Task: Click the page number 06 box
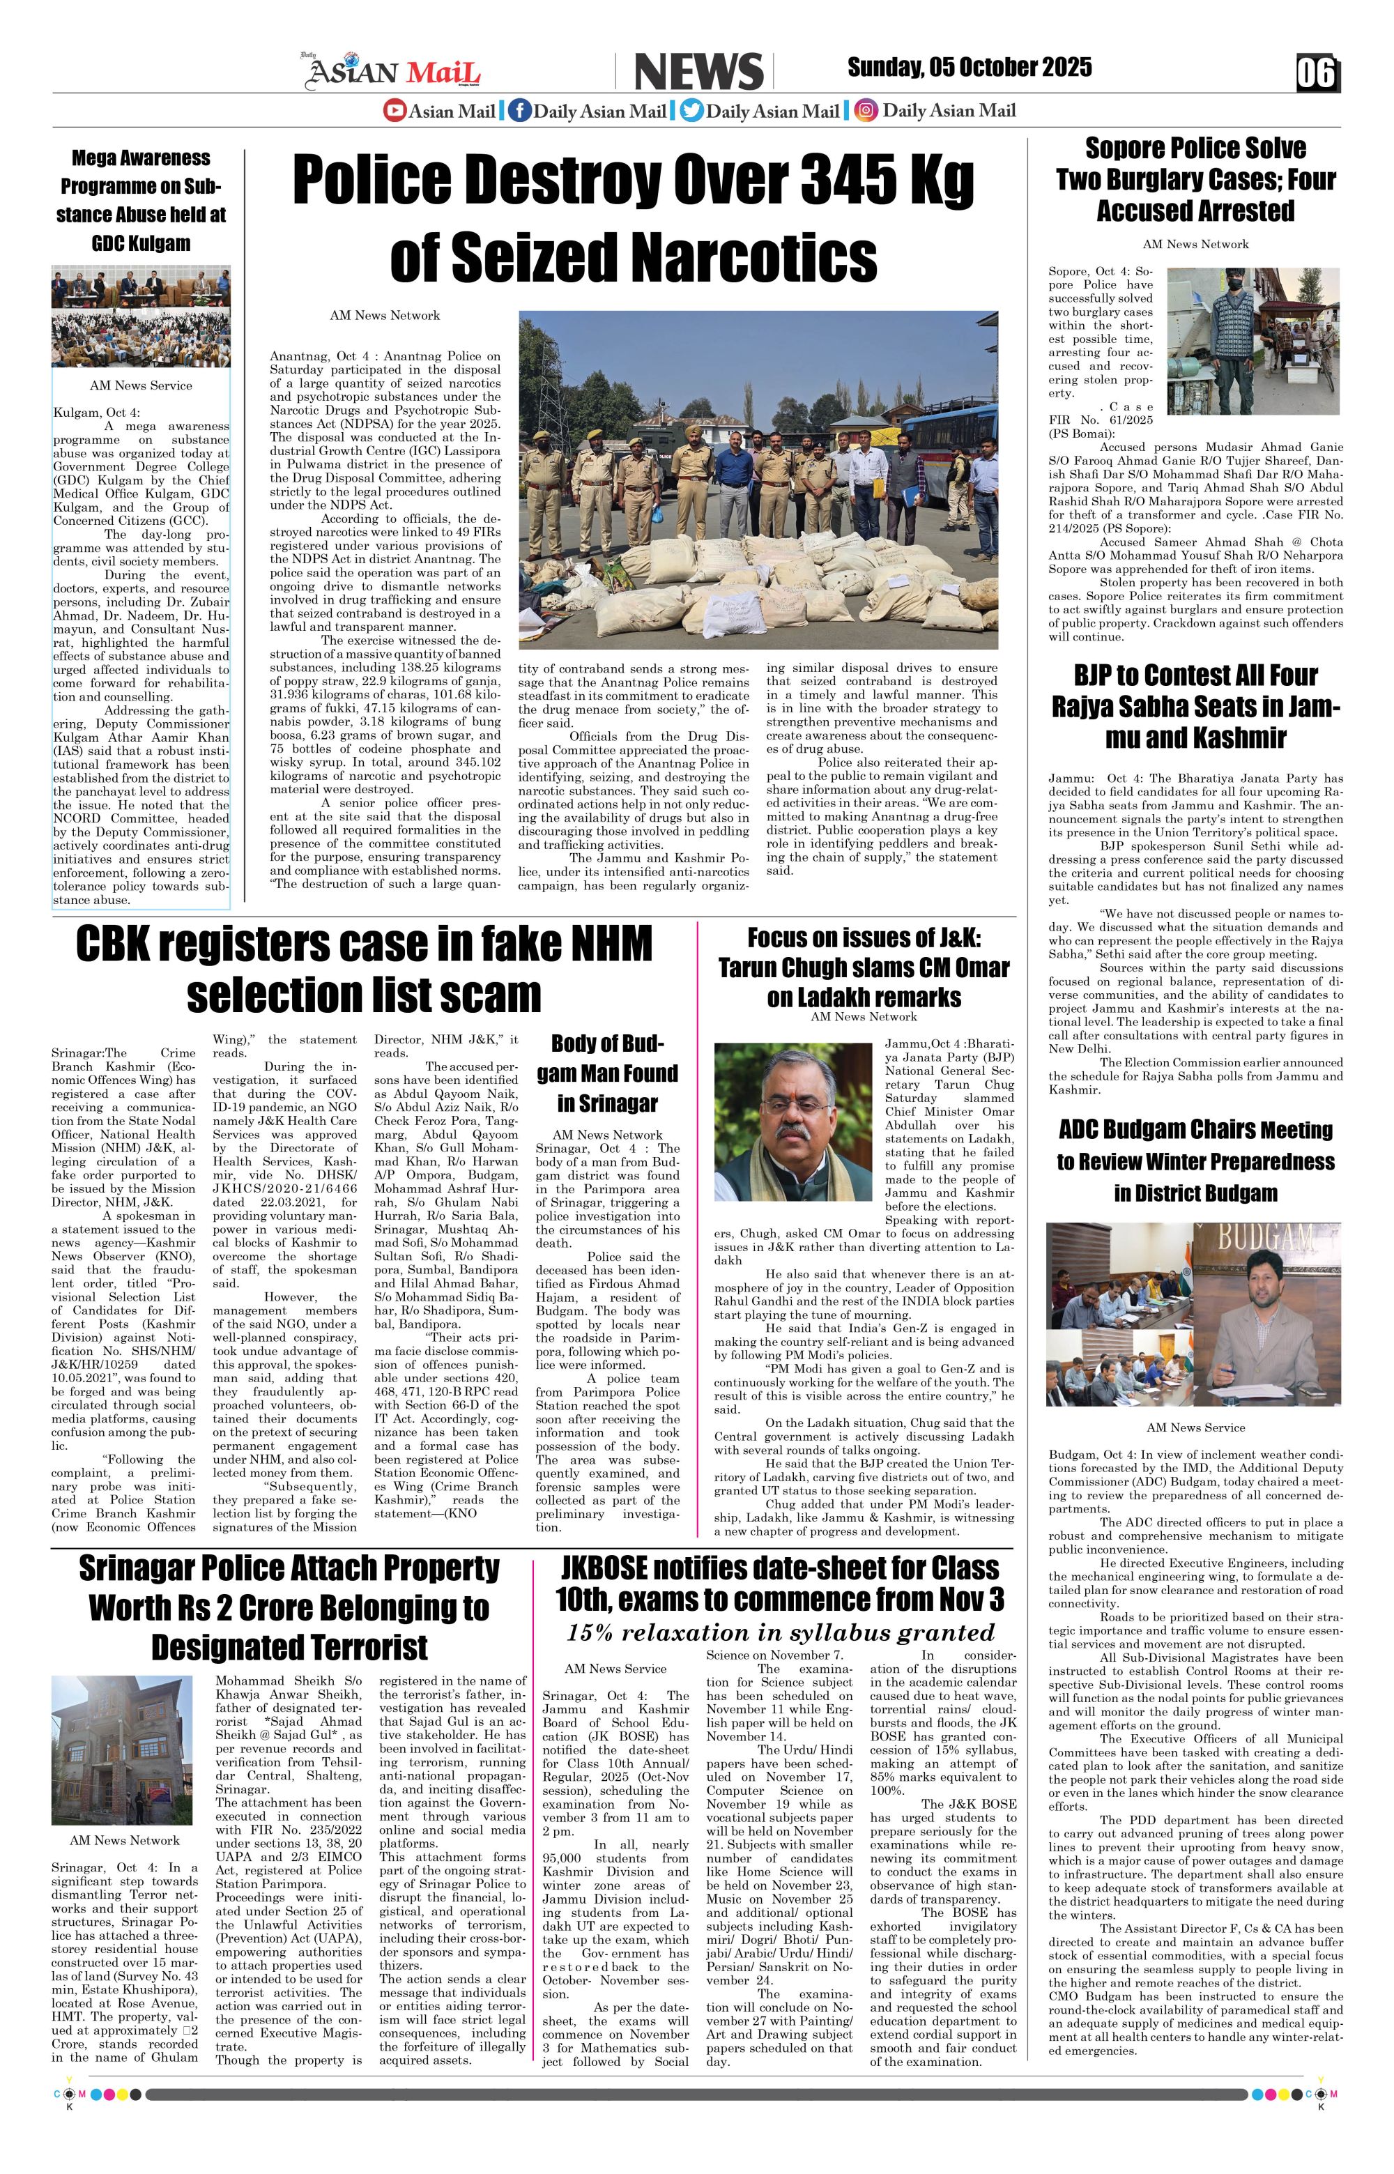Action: click(x=1316, y=73)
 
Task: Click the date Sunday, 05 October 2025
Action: click(x=969, y=68)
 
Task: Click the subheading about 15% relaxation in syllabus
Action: click(x=780, y=1632)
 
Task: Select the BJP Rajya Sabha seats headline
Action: click(x=1195, y=706)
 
